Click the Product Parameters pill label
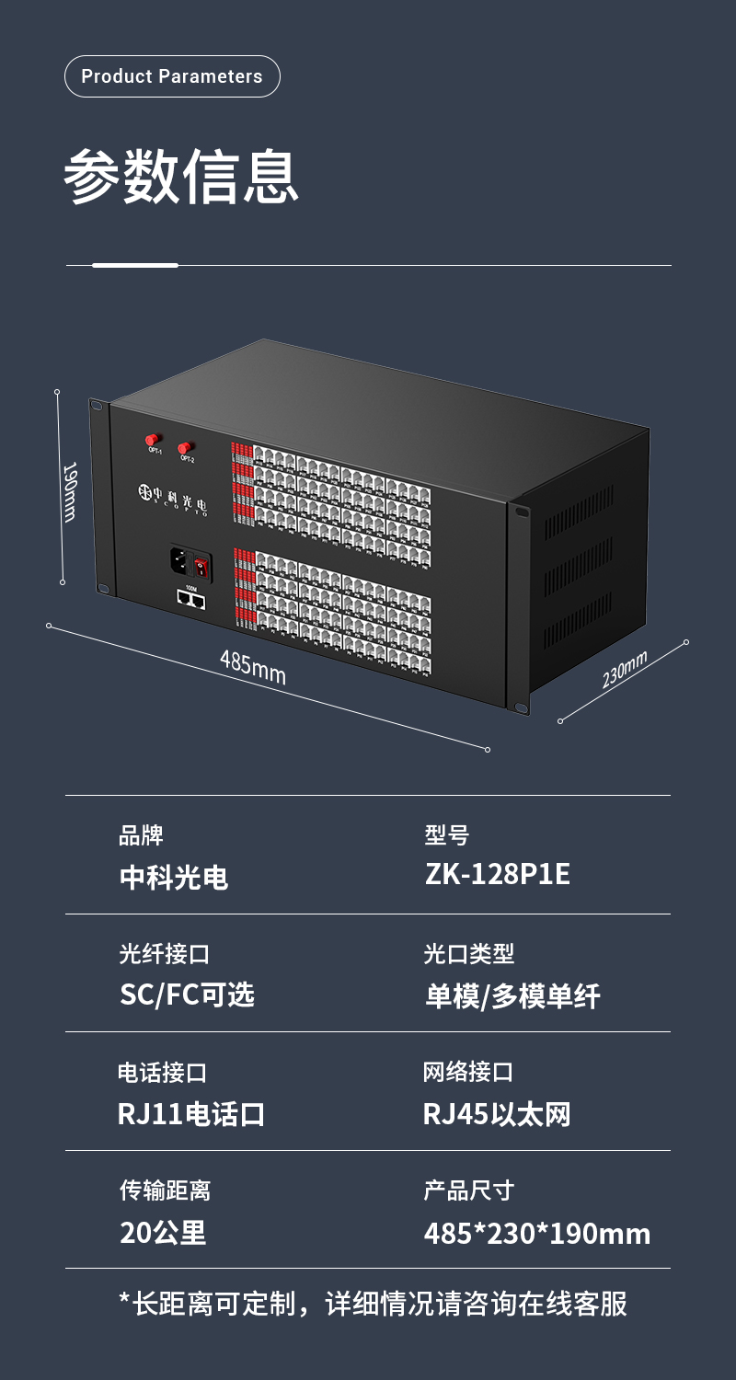172,76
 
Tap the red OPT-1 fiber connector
154,440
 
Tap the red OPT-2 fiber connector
186,448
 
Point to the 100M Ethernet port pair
191,601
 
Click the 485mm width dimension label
253,667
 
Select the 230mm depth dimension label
625,669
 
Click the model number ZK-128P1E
498,874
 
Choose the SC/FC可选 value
187,995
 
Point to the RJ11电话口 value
191,1114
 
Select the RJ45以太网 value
497,1114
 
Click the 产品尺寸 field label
468,1190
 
